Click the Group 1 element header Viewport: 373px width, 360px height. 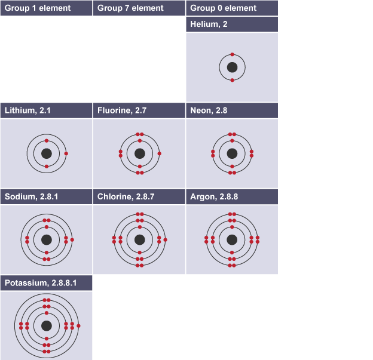coord(38,8)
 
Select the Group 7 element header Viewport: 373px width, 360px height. coord(130,8)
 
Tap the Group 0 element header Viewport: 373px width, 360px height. coord(223,8)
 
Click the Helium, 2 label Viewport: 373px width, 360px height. coord(209,24)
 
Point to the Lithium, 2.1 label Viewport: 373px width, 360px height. coord(27,110)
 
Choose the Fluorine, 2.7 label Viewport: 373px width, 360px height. coord(122,110)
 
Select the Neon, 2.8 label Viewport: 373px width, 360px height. coord(209,110)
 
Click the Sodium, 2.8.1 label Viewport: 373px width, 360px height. coord(32,197)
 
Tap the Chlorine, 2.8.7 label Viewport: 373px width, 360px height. coord(126,197)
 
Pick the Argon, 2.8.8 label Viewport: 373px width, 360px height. coord(214,197)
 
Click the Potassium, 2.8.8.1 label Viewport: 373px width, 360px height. coord(41,283)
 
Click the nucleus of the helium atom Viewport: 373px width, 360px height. coord(232,67)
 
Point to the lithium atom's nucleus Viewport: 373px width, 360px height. coord(47,153)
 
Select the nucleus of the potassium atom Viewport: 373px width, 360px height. coord(47,326)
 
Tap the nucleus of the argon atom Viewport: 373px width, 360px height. coord(232,240)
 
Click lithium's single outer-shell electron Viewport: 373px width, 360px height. coord(66,153)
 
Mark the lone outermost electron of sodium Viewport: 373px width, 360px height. coord(72,240)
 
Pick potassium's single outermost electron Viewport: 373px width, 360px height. coord(78,326)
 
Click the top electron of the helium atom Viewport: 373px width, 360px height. coord(232,54)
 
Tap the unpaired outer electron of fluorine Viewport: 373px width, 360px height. coord(160,153)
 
